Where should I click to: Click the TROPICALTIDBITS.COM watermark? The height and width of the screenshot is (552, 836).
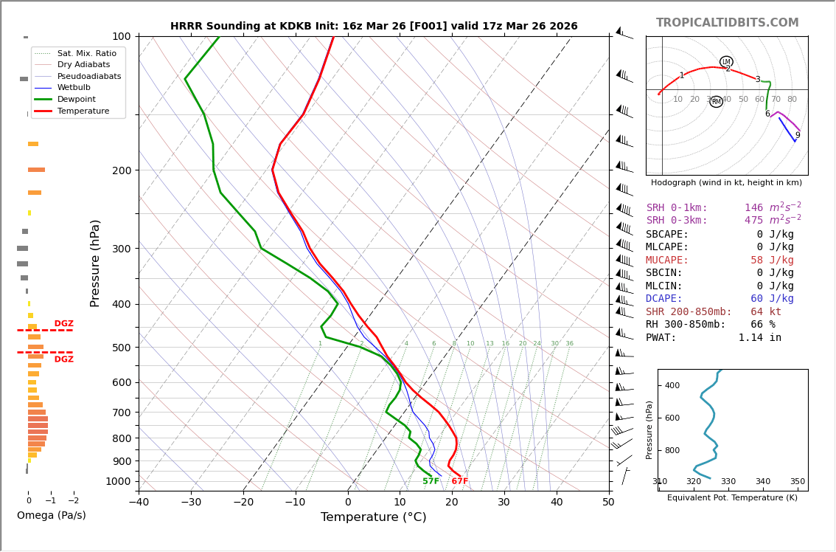[727, 23]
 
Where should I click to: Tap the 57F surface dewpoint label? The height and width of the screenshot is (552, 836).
[431, 482]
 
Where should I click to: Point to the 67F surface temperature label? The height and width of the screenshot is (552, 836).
[459, 482]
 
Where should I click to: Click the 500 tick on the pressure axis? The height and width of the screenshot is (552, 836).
[121, 348]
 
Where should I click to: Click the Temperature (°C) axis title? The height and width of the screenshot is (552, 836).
[373, 518]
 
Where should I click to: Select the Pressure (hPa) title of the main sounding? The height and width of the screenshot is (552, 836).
[96, 263]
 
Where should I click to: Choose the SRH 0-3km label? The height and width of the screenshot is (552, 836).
[677, 221]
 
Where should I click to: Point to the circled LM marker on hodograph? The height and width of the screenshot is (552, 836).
[726, 62]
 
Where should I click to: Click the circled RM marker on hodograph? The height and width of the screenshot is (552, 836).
[716, 102]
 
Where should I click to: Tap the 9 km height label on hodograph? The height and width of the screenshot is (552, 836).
[798, 135]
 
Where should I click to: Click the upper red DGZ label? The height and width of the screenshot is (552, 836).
[63, 324]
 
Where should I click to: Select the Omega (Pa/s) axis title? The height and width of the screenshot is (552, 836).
[51, 516]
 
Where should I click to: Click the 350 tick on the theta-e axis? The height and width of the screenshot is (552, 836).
[797, 482]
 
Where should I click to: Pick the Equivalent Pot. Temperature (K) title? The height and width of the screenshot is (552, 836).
[732, 498]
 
